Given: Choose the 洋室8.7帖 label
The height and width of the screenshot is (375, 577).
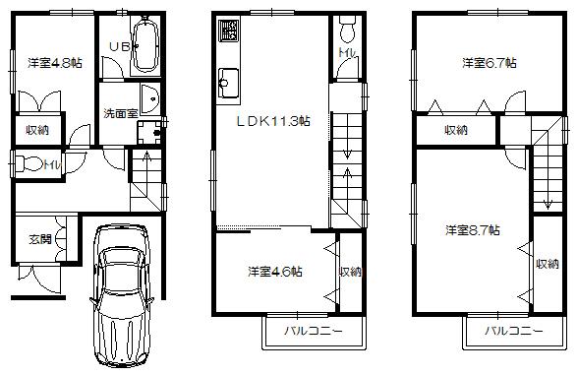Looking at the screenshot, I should (472, 230).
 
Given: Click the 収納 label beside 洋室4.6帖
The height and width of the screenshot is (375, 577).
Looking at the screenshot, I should (350, 271).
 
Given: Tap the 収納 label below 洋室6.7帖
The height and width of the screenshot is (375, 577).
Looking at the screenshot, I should (454, 129).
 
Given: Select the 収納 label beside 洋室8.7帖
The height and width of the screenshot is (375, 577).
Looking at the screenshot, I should (548, 263).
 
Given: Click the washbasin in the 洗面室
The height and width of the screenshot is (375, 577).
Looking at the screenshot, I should (148, 96).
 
